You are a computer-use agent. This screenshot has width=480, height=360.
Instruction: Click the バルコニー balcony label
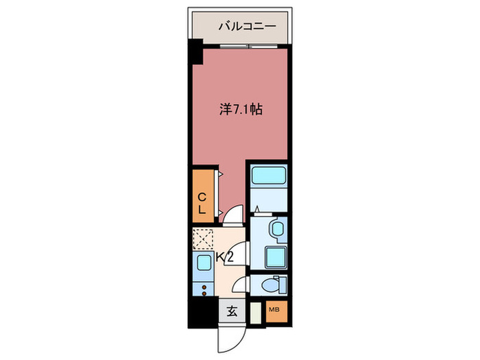pyautogui.click(x=247, y=26)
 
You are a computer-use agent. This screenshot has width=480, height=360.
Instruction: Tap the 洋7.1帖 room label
pyautogui.click(x=241, y=109)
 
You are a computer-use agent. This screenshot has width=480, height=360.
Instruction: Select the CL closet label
pyautogui.click(x=202, y=203)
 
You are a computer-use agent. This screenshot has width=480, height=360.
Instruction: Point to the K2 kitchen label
pyautogui.click(x=225, y=257)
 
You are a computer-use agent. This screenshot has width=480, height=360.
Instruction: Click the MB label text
pyautogui.click(x=274, y=309)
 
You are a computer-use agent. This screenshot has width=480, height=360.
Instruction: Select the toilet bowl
pyautogui.click(x=271, y=285)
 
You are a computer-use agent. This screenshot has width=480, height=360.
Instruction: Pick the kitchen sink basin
pyautogui.click(x=204, y=263)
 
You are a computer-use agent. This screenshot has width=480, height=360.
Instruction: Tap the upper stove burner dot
pyautogui.click(x=204, y=287)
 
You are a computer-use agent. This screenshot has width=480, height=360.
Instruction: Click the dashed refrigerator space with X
pyautogui.click(x=203, y=239)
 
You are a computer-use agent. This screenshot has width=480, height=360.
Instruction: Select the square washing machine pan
pyautogui.click(x=276, y=257)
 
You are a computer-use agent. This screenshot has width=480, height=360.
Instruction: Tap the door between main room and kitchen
pyautogui.click(x=234, y=216)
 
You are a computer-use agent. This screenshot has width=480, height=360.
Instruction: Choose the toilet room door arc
pyautogui.click(x=240, y=285)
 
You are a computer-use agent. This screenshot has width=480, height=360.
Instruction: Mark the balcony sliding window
pyautogui.click(x=248, y=47)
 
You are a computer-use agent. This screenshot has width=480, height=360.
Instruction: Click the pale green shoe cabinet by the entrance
pyautogui.click(x=256, y=313)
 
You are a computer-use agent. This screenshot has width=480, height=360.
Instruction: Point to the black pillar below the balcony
pyautogui.click(x=195, y=51)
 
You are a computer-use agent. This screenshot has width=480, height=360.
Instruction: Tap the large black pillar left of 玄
pyautogui.click(x=203, y=312)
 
